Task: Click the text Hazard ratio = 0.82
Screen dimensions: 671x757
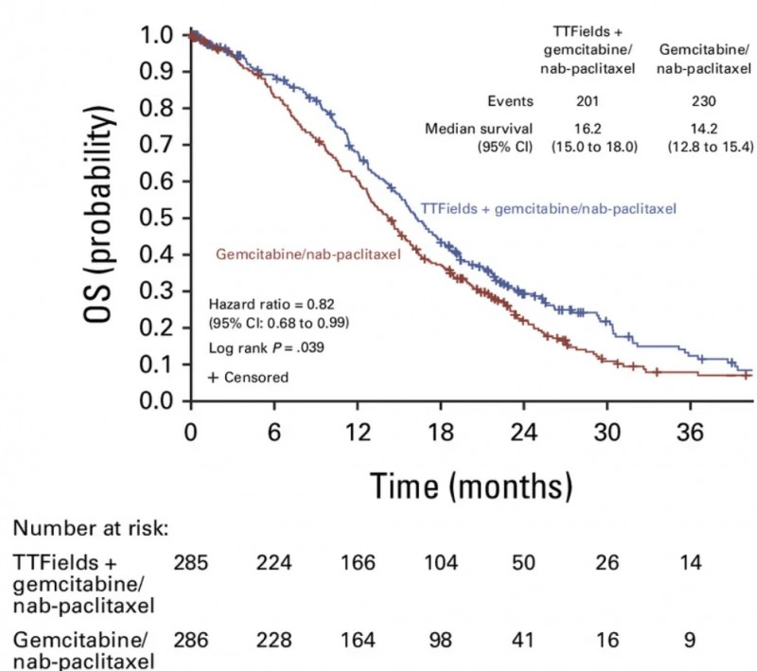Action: (x=265, y=305)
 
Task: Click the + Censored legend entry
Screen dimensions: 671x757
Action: (x=248, y=377)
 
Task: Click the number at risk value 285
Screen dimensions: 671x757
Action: (x=190, y=562)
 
